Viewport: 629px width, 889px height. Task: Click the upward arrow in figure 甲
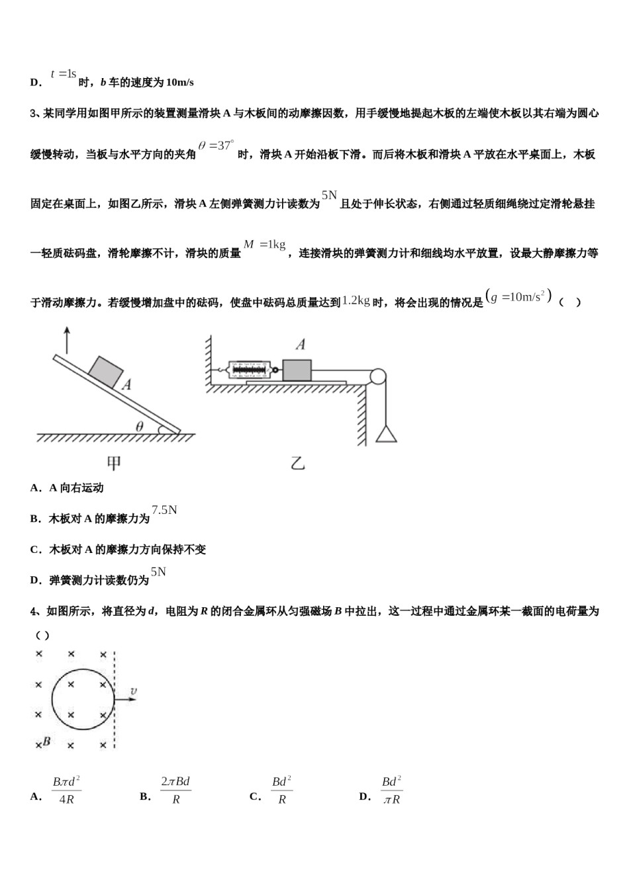(x=66, y=340)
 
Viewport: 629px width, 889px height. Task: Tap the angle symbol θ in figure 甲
(x=139, y=427)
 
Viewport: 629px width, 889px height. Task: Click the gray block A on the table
(x=297, y=370)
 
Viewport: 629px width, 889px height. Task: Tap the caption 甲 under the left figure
(x=114, y=464)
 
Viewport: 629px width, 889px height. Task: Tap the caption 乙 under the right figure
(x=297, y=463)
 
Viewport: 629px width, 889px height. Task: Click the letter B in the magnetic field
(x=46, y=741)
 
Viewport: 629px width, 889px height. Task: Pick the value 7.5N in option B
(x=164, y=510)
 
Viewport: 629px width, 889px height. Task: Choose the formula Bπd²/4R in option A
(x=66, y=790)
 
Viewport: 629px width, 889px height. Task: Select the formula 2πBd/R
(x=175, y=790)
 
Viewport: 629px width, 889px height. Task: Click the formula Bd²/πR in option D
(x=391, y=790)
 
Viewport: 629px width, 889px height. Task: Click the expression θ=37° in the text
(x=216, y=146)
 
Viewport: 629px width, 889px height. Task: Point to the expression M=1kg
(x=264, y=245)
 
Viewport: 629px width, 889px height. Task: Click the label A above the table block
(x=301, y=344)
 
